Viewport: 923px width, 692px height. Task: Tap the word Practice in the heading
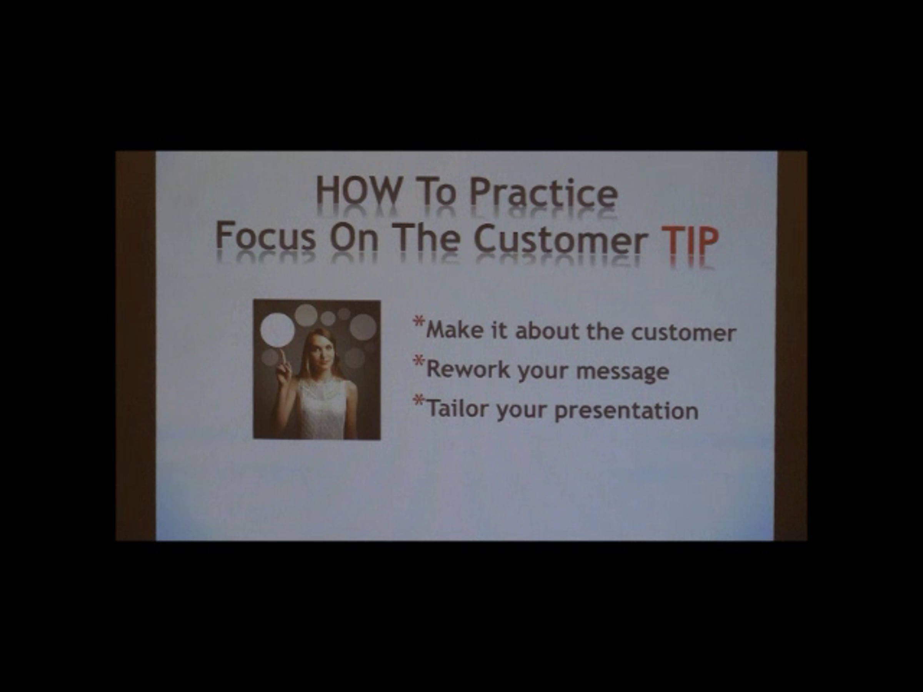pyautogui.click(x=543, y=192)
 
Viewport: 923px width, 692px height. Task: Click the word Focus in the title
pyautogui.click(x=266, y=237)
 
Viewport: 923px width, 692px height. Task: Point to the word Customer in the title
pyautogui.click(x=560, y=239)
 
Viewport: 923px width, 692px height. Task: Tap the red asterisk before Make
pyautogui.click(x=418, y=322)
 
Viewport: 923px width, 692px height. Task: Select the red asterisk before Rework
pyautogui.click(x=418, y=361)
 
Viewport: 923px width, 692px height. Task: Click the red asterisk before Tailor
pyautogui.click(x=418, y=401)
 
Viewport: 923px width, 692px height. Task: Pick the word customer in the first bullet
pyautogui.click(x=683, y=333)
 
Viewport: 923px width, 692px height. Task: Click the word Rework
pyautogui.click(x=468, y=369)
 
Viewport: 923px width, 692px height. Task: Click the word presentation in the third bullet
pyautogui.click(x=626, y=411)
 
